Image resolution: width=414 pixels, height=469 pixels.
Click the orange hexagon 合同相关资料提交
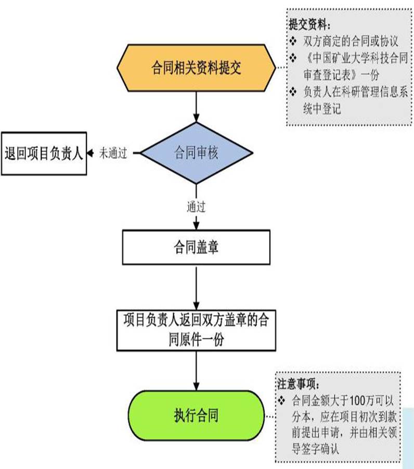[x=196, y=68]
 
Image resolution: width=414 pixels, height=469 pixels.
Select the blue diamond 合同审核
[x=196, y=153]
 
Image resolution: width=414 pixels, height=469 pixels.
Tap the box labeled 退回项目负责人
[x=44, y=153]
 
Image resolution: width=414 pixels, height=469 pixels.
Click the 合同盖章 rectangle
[x=196, y=247]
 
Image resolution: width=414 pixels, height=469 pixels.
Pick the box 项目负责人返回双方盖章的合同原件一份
[x=196, y=329]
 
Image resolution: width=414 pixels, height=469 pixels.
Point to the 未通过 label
[x=113, y=154]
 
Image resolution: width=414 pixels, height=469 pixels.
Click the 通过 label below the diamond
[x=196, y=207]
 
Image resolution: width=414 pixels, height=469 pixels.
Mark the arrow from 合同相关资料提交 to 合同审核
[x=196, y=106]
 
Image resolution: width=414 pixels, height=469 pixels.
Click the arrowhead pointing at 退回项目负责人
[x=90, y=153]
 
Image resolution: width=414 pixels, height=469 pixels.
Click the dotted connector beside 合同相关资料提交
[x=280, y=68]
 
